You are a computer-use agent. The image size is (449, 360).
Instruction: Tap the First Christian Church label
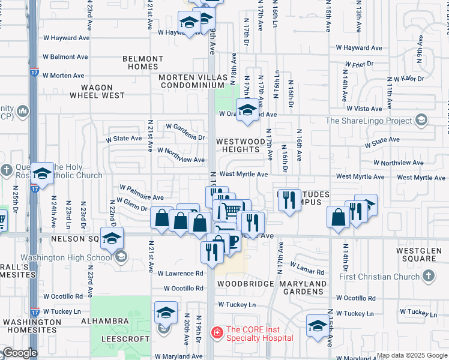point(382,277)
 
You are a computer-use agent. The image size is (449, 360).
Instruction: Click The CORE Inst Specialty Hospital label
point(259,334)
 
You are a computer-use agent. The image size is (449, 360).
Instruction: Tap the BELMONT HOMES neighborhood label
point(143,63)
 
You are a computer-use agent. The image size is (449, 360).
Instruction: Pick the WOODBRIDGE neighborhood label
point(241,284)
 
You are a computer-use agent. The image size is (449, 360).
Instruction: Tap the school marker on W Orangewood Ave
point(247,110)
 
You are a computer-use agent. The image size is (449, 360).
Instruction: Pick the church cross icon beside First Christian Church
point(428,276)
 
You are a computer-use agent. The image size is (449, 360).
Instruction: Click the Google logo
point(19,353)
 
